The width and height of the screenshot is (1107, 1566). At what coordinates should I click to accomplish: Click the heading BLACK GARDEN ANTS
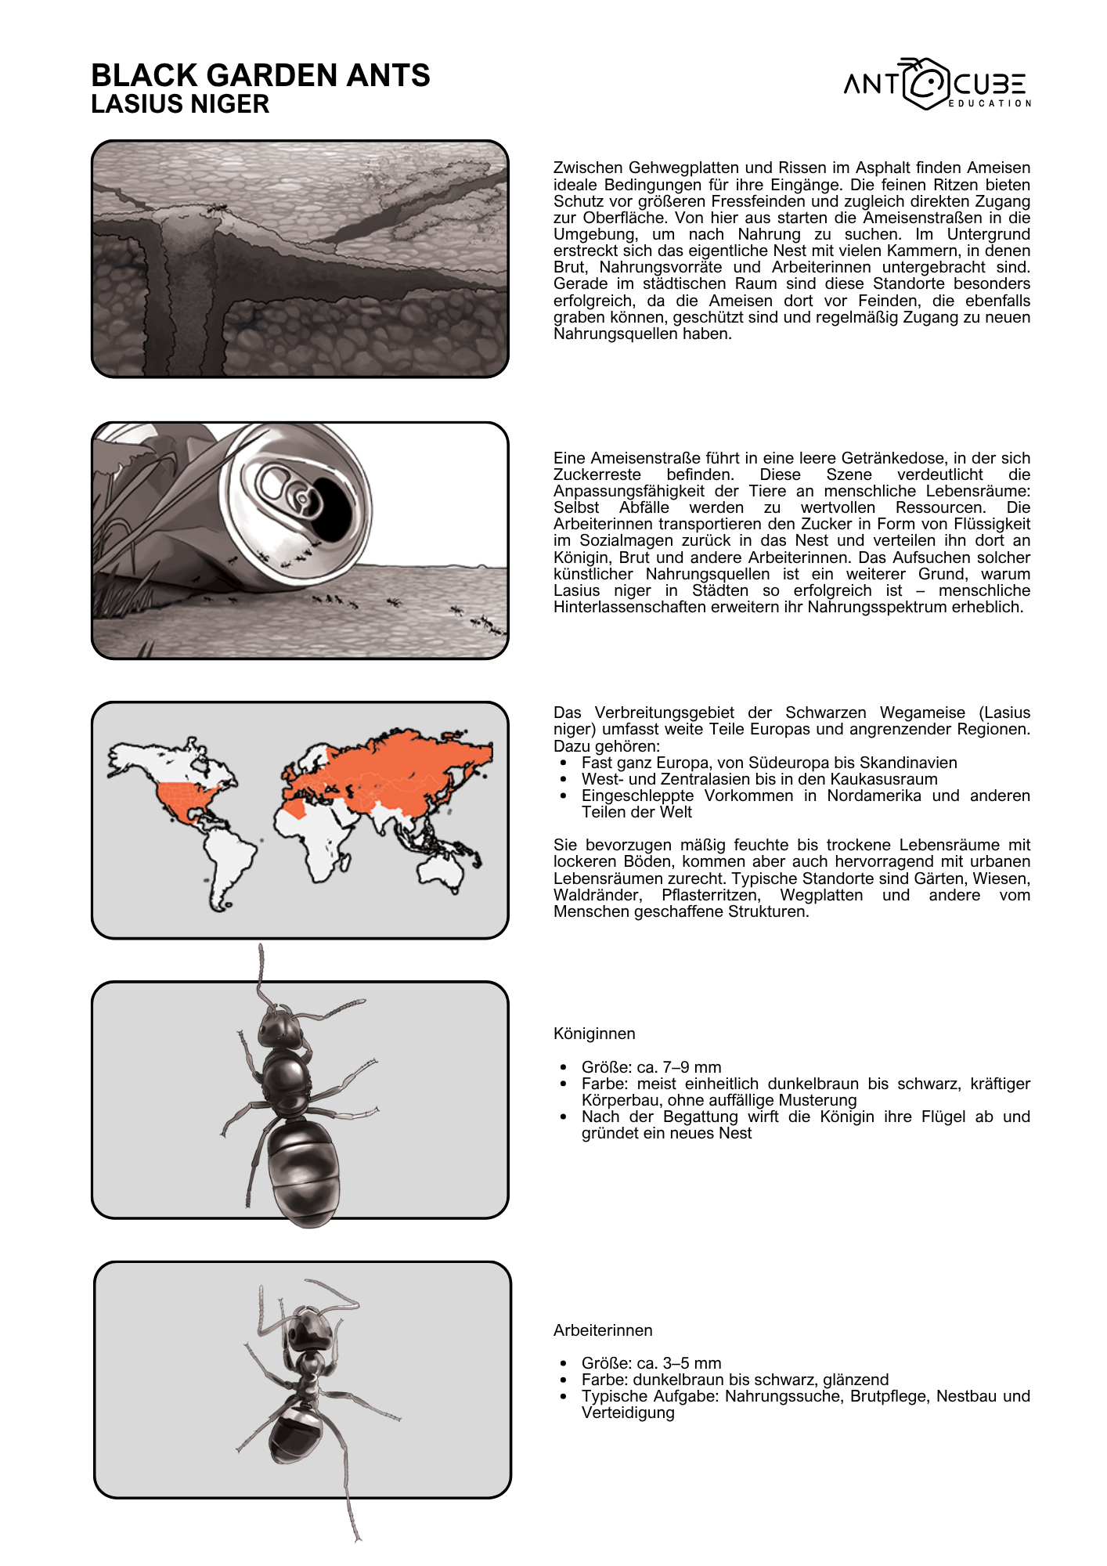[x=261, y=75]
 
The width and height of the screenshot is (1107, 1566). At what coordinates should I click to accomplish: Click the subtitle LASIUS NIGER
[x=180, y=104]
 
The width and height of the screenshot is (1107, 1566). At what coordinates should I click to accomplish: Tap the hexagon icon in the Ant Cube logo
[x=927, y=83]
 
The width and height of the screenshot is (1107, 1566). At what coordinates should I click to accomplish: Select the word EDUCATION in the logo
[x=990, y=103]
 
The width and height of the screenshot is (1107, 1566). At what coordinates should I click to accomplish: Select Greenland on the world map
[x=317, y=756]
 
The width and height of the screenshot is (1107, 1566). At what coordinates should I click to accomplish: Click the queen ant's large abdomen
[x=304, y=1171]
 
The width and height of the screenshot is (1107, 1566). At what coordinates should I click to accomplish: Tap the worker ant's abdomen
[x=296, y=1434]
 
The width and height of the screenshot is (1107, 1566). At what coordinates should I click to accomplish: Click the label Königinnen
[x=594, y=1034]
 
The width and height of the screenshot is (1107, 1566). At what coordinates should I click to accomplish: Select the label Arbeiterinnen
[x=603, y=1330]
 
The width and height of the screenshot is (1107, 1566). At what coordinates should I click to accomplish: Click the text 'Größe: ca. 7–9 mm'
[x=651, y=1067]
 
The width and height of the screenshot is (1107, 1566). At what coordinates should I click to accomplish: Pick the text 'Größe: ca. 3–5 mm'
[x=651, y=1363]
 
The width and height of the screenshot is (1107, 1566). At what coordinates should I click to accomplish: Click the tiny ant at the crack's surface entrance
[x=218, y=207]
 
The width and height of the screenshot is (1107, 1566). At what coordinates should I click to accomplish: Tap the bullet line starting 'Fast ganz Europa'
[x=769, y=763]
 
